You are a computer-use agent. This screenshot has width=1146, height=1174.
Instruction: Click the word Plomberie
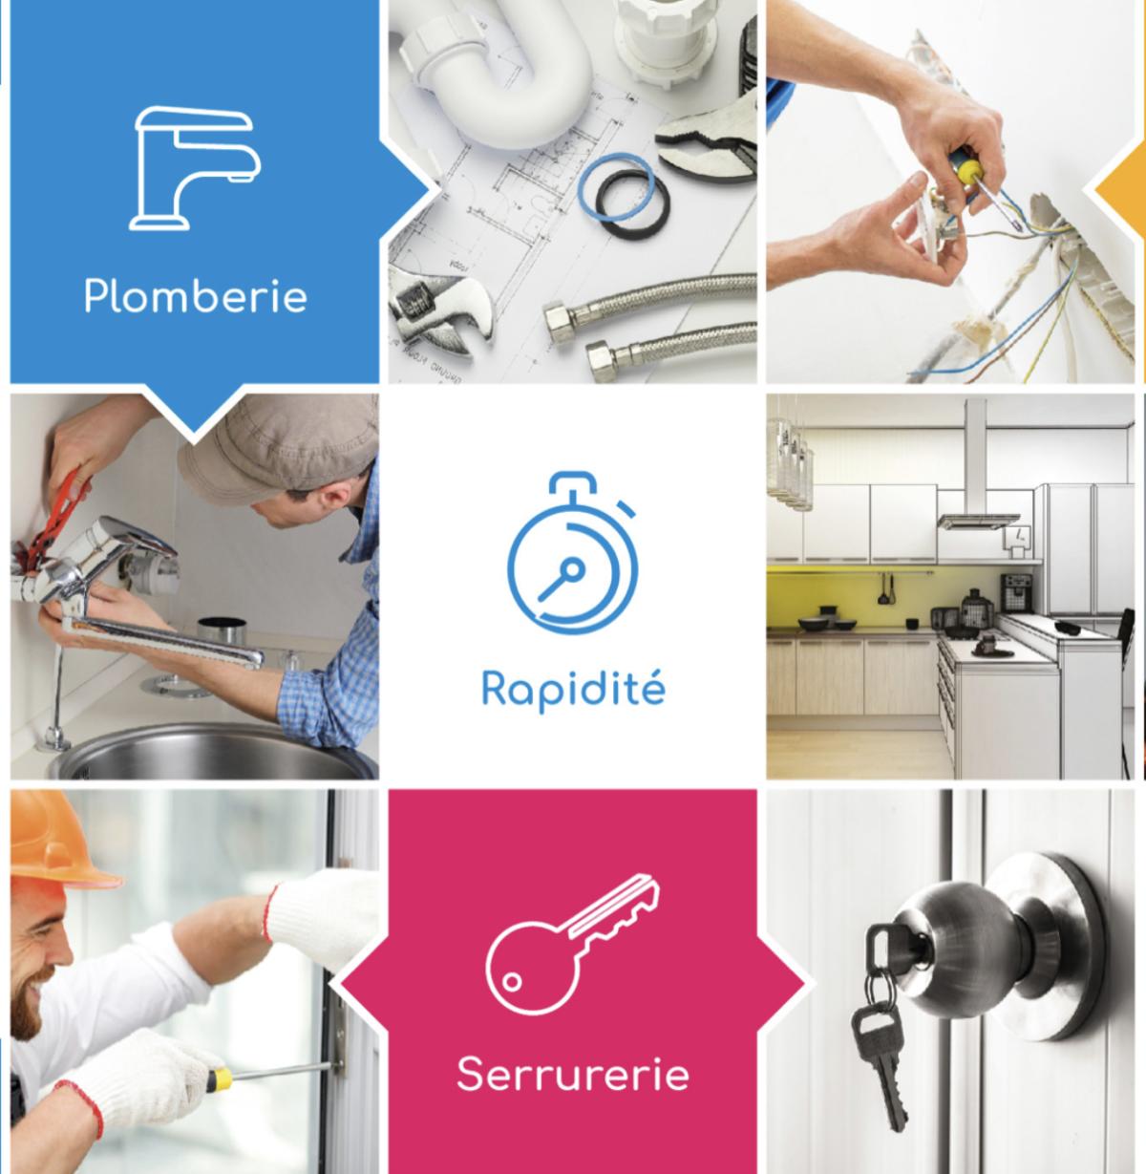pyautogui.click(x=195, y=295)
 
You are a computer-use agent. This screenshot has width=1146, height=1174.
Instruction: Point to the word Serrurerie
pyautogui.click(x=572, y=1074)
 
